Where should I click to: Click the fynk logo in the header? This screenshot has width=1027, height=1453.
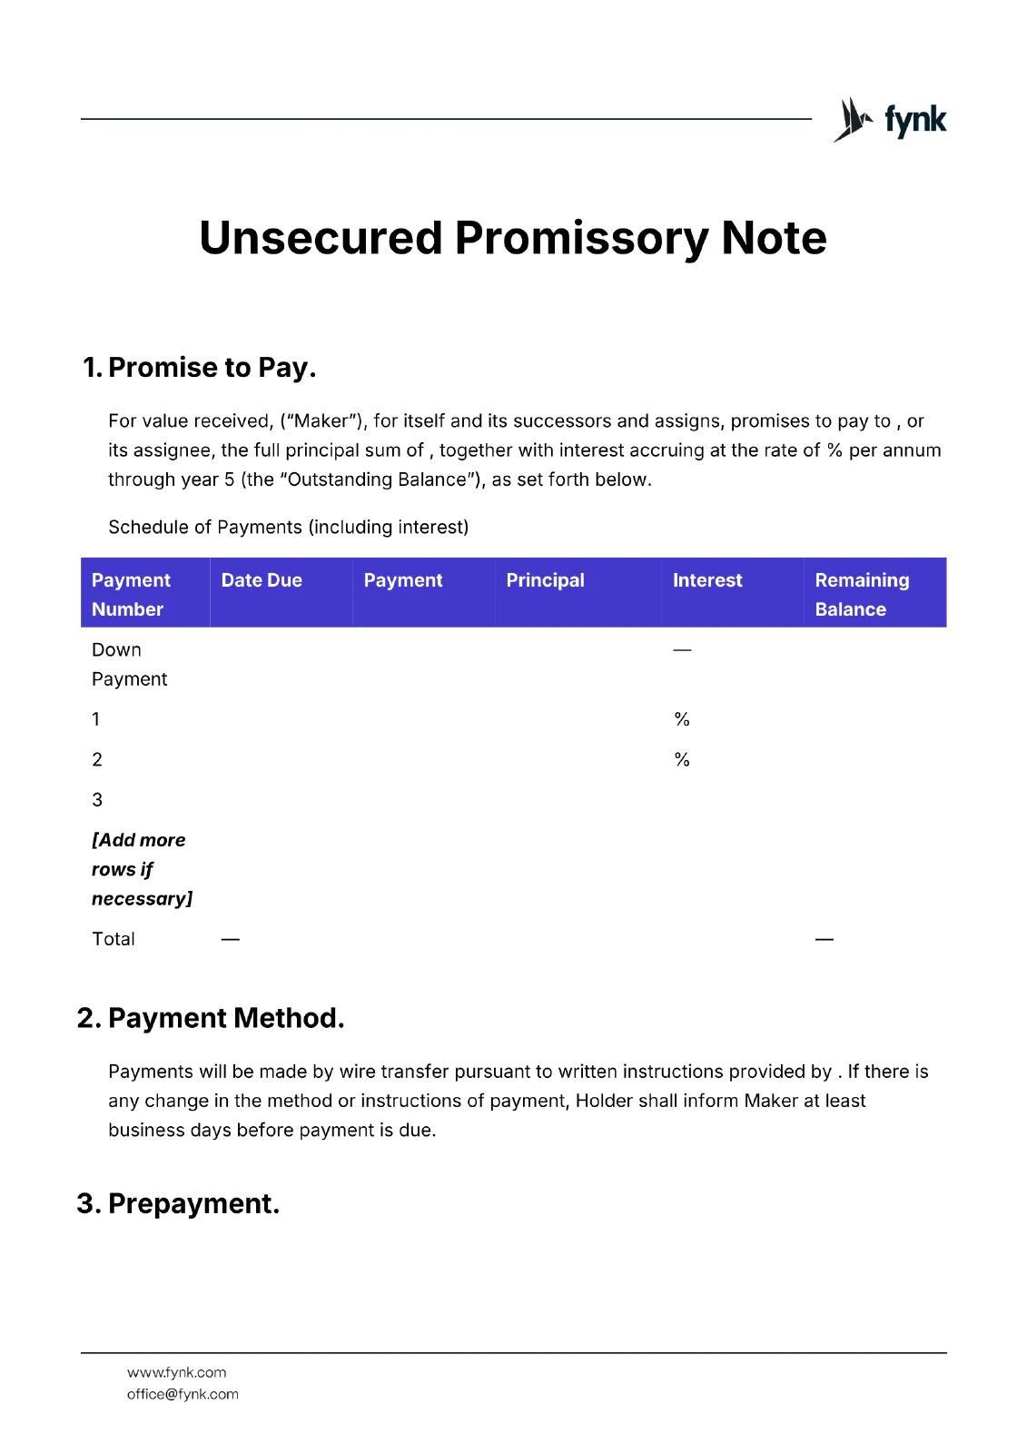[890, 120]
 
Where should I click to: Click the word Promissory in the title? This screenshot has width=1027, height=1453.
[581, 238]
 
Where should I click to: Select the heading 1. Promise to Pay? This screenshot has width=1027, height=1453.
[200, 368]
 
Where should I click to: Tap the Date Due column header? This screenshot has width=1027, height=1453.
[262, 580]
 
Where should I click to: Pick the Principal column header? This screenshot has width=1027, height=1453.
[545, 580]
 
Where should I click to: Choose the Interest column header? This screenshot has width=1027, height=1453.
[707, 580]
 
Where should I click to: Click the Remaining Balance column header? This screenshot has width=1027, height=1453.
[861, 594]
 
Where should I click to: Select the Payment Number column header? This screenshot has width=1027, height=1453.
[131, 594]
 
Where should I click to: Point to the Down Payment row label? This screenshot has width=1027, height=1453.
[129, 664]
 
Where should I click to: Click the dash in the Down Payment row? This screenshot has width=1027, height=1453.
[682, 650]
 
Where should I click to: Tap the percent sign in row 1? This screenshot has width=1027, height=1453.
[682, 719]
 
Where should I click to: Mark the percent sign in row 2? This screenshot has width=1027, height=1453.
[682, 760]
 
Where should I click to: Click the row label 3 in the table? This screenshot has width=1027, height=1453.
[97, 800]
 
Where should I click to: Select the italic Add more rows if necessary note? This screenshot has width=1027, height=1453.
[141, 869]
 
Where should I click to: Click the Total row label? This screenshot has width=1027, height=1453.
[114, 939]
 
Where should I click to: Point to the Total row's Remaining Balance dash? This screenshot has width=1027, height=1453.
[824, 939]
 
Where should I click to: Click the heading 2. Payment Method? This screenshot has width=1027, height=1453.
[211, 1018]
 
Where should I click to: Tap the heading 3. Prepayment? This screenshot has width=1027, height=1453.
[178, 1203]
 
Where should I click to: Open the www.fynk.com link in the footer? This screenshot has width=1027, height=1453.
[177, 1372]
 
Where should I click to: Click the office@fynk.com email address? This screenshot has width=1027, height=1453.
[183, 1394]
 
